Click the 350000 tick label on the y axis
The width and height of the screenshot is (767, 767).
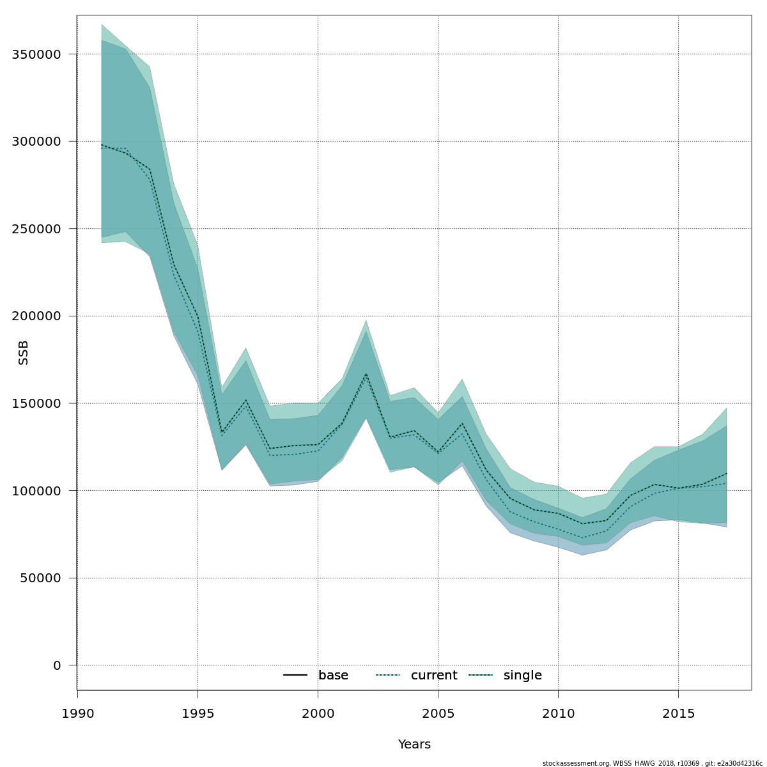click(x=36, y=54)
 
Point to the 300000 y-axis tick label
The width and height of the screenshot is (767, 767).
click(x=36, y=141)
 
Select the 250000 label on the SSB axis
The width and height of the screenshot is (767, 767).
click(x=36, y=229)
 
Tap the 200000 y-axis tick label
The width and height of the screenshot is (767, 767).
click(x=36, y=316)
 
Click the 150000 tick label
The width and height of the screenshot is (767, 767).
click(x=36, y=403)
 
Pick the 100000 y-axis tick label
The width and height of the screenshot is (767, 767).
click(x=36, y=491)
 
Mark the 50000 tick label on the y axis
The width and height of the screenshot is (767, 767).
click(x=40, y=578)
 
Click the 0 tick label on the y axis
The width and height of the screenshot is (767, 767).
click(x=57, y=665)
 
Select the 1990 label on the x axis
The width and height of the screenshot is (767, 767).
click(x=78, y=713)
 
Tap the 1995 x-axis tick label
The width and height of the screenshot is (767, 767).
click(x=198, y=713)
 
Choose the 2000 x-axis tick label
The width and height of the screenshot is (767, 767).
click(x=318, y=713)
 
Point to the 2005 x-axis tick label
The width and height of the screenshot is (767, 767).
click(x=438, y=713)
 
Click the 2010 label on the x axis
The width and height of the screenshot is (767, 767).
click(x=559, y=713)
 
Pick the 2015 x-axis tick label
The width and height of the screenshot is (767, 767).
click(x=679, y=713)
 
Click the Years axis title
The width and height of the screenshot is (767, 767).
click(x=414, y=745)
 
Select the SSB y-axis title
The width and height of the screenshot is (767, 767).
click(x=24, y=353)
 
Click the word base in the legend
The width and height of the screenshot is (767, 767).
click(x=333, y=676)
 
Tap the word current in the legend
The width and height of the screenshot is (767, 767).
click(x=434, y=676)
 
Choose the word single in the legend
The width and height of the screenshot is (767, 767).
click(x=522, y=676)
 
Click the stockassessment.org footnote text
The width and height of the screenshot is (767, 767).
click(x=653, y=763)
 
